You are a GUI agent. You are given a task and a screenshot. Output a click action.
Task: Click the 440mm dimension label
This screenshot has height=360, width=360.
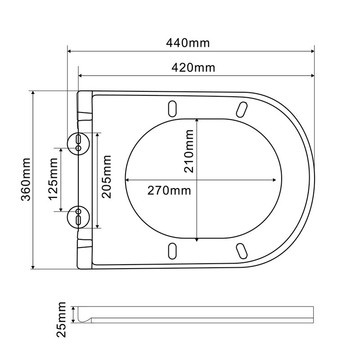tap(188, 43)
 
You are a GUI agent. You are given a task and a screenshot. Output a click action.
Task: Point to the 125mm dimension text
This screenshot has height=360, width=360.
tap(53, 179)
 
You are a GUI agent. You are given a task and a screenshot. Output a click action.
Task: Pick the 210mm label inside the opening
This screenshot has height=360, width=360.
tap(189, 151)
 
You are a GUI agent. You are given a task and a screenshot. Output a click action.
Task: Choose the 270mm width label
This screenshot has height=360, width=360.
tap(169, 190)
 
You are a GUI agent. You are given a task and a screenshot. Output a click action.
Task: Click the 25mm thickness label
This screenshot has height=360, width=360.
tap(63, 319)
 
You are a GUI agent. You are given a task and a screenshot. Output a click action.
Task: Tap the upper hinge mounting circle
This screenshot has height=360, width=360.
tap(78, 142)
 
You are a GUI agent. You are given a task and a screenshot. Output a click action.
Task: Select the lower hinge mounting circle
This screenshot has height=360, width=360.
tap(78, 216)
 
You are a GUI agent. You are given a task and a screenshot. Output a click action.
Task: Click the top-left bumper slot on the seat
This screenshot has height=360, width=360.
tap(172, 108)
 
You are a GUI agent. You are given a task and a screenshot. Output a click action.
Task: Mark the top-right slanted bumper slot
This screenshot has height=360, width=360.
tap(242, 108)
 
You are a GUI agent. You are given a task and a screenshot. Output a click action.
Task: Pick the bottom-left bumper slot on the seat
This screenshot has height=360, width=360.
tap(172, 250)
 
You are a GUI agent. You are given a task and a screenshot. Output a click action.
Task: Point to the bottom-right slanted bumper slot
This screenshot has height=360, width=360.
tap(242, 250)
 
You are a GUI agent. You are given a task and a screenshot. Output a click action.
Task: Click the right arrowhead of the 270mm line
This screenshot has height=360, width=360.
tap(274, 180)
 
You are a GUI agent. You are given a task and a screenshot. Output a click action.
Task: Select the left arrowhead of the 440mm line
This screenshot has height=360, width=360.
tap(69, 51)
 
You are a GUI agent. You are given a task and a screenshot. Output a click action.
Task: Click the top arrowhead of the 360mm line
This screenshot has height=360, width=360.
tap(33, 93)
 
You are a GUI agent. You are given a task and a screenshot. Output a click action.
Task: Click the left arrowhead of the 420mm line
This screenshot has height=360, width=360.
tap(81, 76)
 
